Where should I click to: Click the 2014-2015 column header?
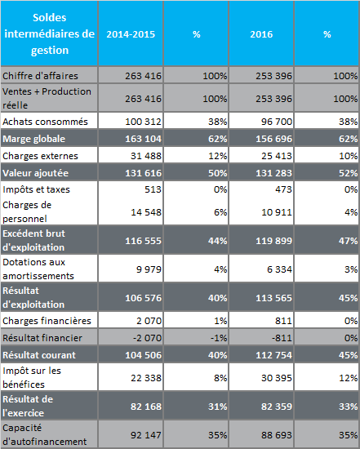[131, 34]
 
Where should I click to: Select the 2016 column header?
[261, 34]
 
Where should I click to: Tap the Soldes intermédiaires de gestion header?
[50, 33]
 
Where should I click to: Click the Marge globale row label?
[33, 139]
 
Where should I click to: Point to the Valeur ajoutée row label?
[36, 173]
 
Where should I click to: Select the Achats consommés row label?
[45, 122]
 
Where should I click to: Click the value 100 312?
[143, 122]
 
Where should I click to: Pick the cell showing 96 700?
[277, 122]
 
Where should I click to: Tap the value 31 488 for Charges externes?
[146, 156]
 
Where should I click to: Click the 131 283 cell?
[273, 173]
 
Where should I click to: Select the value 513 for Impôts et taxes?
[153, 189]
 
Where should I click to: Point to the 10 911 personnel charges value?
[277, 212]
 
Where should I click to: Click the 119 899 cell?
[273, 241]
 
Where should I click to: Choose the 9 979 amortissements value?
[149, 269]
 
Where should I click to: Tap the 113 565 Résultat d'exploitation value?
[273, 298]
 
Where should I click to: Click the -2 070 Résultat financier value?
[147, 338]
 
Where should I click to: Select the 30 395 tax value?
[277, 378]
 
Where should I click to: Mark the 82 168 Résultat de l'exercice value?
[146, 407]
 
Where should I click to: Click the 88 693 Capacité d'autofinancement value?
[277, 435]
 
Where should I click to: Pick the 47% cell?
[348, 241]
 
